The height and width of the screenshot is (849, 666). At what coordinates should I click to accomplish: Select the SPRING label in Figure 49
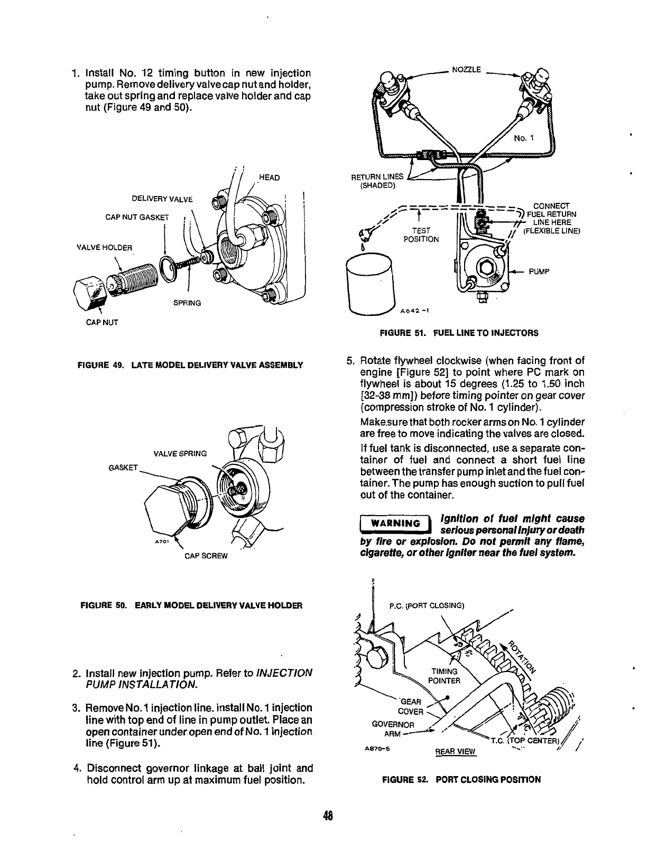(x=187, y=303)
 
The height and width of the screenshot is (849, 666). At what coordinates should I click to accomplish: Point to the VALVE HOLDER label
(x=105, y=247)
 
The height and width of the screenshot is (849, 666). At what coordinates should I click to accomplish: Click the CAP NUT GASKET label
(x=136, y=217)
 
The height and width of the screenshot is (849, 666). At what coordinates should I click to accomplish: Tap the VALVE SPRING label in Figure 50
(x=180, y=453)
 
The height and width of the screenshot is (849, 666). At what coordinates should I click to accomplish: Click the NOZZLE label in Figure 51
(x=465, y=69)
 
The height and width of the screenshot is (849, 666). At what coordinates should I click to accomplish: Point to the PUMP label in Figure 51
(x=540, y=272)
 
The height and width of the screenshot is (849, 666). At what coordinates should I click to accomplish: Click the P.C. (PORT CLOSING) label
(x=426, y=605)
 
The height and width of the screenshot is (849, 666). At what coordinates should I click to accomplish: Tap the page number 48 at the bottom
(x=329, y=815)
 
